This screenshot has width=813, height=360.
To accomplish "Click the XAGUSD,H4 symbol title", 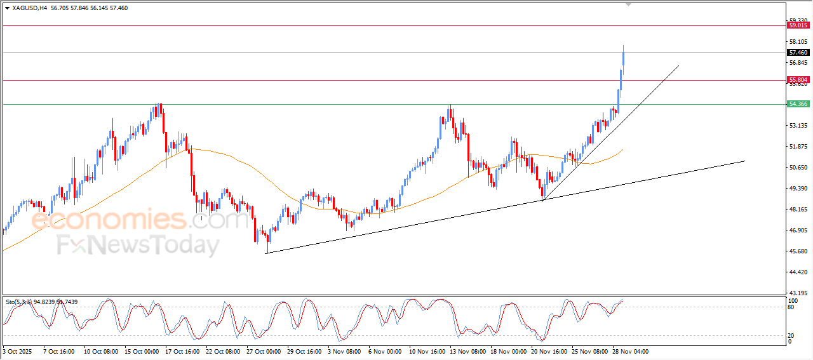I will coord(29,8).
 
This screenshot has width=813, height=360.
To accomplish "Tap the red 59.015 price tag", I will coord(798,25).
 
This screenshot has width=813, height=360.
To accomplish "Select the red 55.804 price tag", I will coord(798,80).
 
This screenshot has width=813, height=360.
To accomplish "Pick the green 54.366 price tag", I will coord(798,104).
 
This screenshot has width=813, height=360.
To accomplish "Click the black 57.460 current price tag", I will coord(798,53).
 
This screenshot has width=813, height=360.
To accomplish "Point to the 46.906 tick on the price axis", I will coord(798,230).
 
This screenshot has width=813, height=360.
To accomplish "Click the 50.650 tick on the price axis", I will coord(798,168).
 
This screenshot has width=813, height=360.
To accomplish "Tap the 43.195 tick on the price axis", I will coord(798,293).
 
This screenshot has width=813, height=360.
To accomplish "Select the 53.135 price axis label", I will coord(798,126).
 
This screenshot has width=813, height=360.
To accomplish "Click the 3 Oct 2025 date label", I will coord(17,351).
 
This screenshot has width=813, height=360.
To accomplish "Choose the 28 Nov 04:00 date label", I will coord(630,351).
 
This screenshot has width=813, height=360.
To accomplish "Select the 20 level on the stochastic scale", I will coord(791,335).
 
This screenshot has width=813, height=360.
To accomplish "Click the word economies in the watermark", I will coord(108,220).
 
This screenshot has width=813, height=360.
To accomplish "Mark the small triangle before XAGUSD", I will coord(7,8).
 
